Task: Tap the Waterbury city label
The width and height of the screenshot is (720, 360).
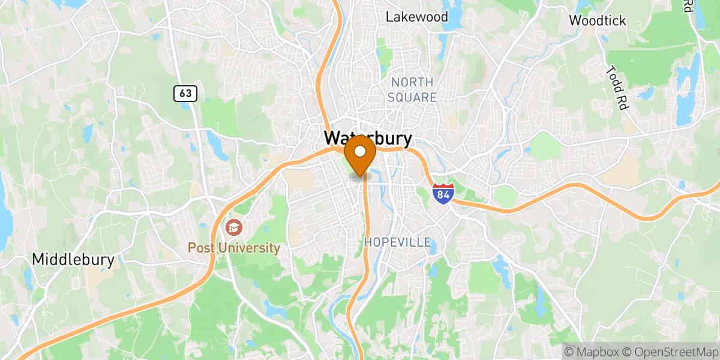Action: [368, 139]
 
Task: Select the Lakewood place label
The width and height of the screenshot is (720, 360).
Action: [416, 16]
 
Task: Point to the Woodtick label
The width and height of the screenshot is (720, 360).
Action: [597, 20]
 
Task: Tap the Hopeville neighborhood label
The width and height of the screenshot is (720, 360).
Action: [398, 242]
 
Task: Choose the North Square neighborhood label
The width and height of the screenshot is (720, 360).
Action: [412, 89]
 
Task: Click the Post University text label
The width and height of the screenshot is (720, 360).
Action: [234, 247]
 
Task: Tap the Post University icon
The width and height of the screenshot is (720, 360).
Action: [233, 227]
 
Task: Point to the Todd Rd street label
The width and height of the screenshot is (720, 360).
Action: [617, 87]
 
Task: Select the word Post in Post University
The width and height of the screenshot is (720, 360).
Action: [201, 247]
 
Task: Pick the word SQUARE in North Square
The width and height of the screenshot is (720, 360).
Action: [412, 97]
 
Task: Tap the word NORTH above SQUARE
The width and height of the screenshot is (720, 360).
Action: [412, 82]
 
